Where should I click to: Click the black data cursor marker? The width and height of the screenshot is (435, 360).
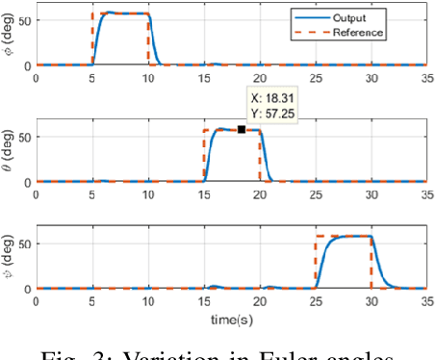241,128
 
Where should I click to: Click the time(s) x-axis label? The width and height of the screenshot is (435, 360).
230,318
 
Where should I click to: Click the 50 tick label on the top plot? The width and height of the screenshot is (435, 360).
25,19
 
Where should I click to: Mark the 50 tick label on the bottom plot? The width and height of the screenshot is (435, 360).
25,243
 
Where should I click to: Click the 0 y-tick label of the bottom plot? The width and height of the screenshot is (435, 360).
29,289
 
